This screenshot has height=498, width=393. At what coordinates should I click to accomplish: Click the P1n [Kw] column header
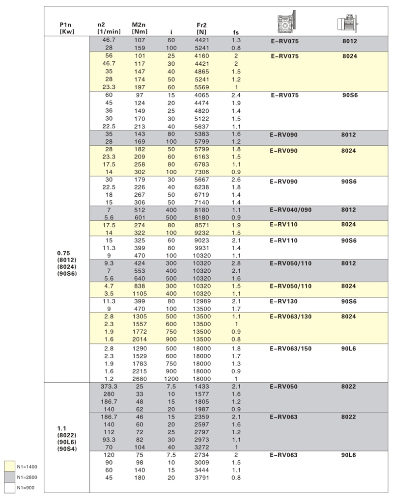tap(66, 27)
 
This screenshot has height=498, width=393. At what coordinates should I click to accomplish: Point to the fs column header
tap(236, 33)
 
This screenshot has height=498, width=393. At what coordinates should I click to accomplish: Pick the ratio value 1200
tap(171, 379)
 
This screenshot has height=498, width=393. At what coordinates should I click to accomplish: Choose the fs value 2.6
tap(236, 182)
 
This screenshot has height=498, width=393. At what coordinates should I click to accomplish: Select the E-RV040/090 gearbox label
tap(291, 210)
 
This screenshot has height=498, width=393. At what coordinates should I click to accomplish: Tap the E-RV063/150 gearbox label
tap(291, 348)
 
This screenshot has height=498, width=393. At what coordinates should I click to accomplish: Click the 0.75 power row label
tap(64, 253)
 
